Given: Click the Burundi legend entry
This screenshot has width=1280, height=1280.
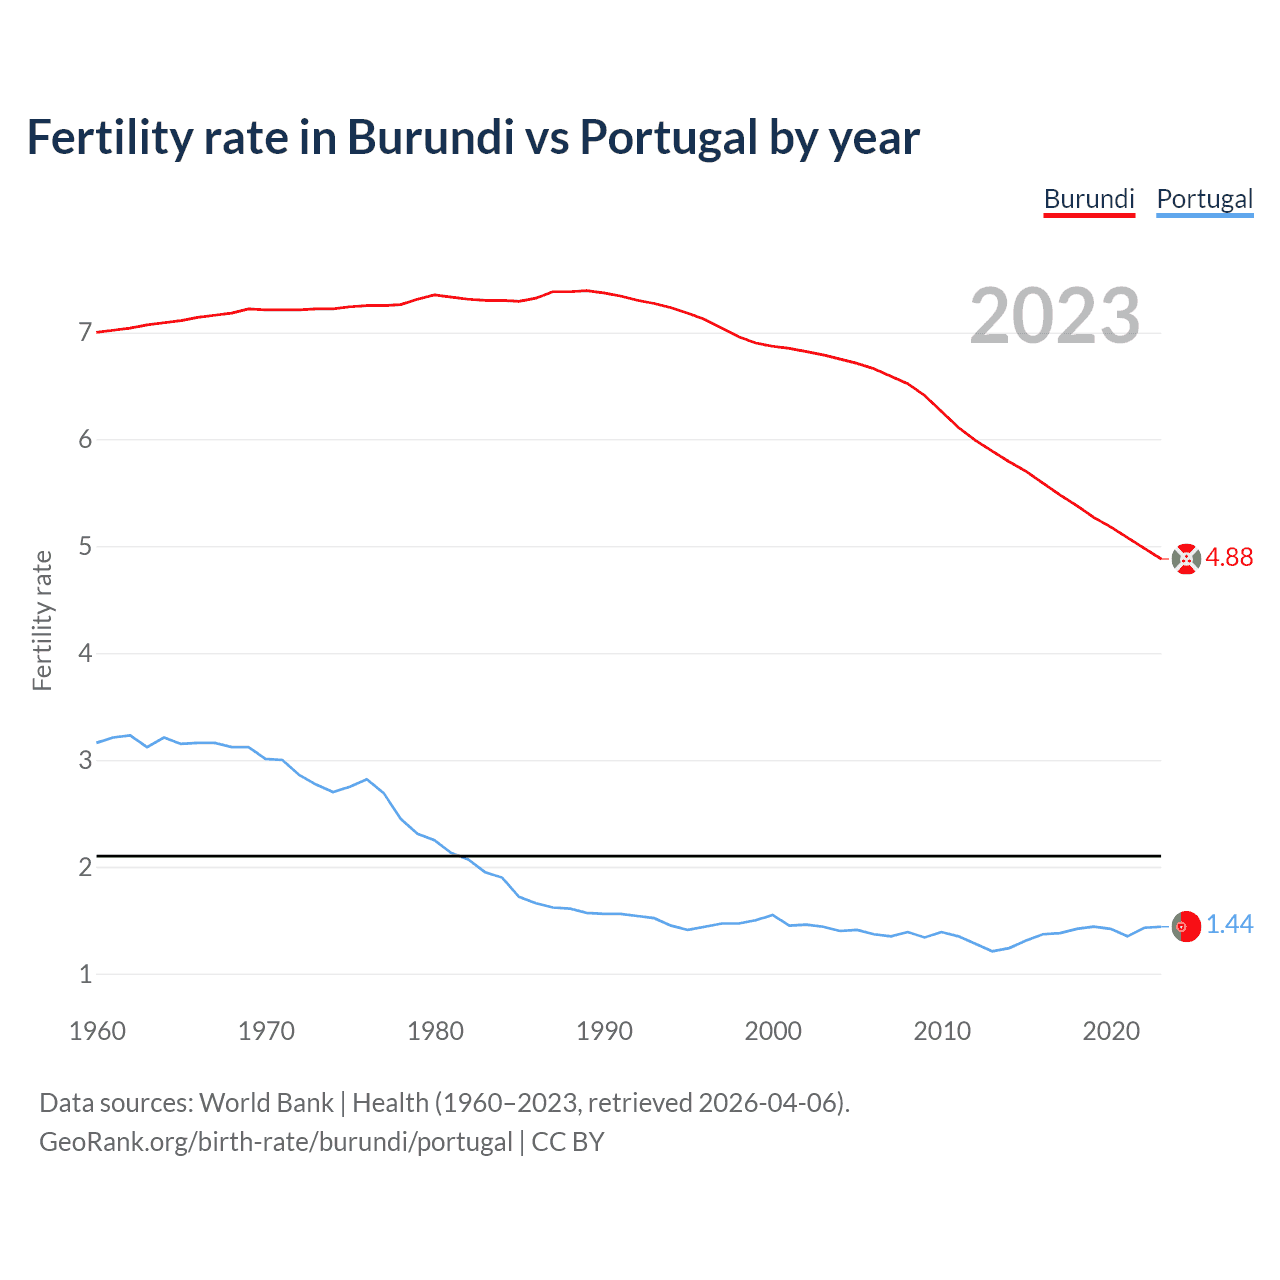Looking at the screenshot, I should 1089,199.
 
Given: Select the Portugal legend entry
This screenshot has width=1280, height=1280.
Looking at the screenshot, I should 1204,199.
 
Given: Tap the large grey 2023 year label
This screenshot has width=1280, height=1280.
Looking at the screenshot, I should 1054,316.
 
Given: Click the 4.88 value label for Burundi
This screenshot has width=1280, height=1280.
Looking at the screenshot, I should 1229,558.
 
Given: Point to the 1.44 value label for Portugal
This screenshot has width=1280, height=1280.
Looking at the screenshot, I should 1229,925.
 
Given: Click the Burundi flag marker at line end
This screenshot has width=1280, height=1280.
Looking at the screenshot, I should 1186,559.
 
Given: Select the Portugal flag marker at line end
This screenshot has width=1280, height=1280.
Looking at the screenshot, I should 1186,927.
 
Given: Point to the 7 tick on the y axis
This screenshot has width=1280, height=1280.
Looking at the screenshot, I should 85,332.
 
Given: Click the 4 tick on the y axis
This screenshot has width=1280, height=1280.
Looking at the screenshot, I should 85,653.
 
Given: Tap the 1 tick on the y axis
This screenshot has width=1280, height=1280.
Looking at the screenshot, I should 85,974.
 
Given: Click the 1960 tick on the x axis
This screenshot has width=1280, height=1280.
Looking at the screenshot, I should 97,1031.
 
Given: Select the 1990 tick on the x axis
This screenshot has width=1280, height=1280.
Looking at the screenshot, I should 604,1031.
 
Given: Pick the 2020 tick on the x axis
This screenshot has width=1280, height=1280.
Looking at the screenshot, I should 1111,1031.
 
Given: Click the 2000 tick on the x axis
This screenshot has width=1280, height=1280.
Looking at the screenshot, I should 773,1031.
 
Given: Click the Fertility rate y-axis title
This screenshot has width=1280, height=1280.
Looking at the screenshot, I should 42,620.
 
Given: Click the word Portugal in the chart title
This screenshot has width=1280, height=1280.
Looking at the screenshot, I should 668,138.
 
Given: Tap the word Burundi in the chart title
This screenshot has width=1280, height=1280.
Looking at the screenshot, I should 430,138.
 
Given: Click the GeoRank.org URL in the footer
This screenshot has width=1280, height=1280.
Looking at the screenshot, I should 275,1142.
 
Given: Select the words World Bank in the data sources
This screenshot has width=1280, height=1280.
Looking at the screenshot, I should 266,1103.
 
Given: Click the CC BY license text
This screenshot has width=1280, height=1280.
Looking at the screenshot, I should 568,1142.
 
